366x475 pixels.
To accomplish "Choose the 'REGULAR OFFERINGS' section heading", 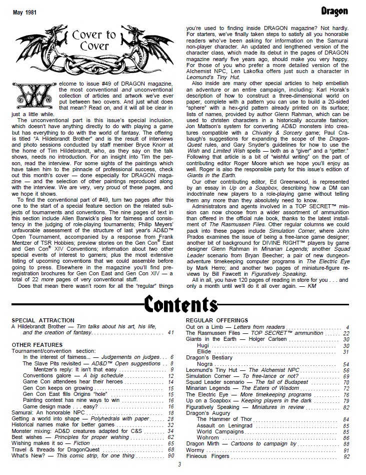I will coord(217,320).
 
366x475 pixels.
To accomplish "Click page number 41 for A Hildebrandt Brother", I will coord(171,332).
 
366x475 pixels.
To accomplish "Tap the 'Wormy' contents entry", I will coord(194,450).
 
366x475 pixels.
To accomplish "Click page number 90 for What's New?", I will coord(171,456).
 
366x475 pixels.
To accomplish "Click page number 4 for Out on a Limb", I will coord(347,327).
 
